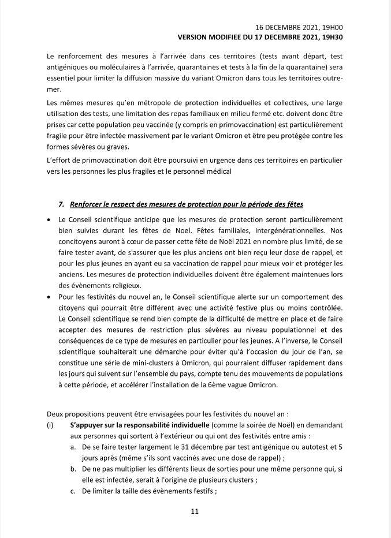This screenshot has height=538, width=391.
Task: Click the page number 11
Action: (195, 511)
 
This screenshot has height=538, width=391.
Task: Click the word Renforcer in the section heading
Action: (87, 204)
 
